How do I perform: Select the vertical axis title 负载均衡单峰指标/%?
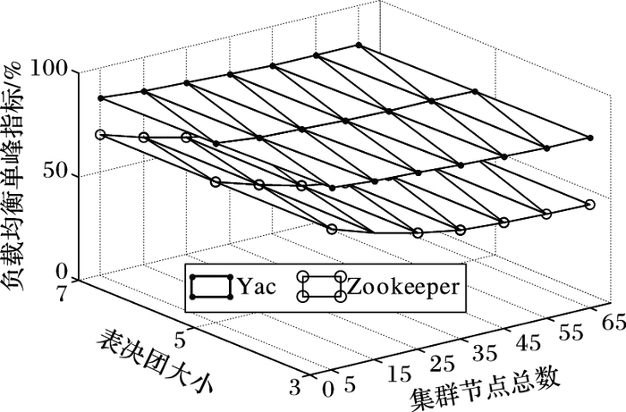pos(16,169)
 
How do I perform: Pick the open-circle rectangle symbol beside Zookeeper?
pos(323,286)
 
